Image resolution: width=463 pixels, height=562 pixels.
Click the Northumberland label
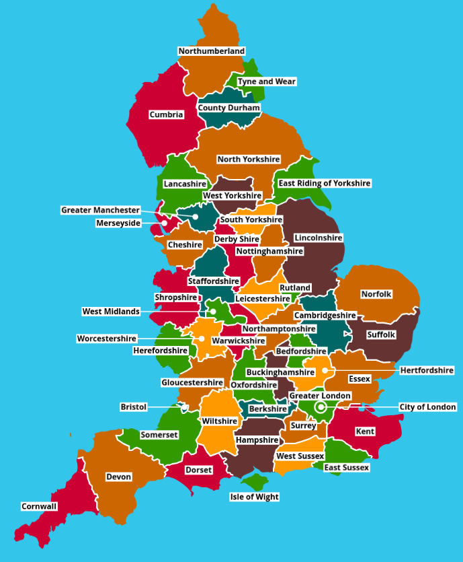[211, 51]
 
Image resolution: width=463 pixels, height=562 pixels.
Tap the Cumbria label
[166, 114]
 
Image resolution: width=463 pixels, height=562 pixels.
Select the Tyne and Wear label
[266, 81]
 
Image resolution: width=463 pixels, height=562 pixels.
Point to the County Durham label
[228, 108]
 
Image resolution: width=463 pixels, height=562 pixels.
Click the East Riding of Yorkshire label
[325, 183]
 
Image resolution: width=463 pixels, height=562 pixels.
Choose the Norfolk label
[376, 294]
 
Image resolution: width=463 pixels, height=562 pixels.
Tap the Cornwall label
[39, 506]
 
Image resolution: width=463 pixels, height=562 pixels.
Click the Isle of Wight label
[254, 497]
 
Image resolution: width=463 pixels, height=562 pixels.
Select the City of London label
[427, 407]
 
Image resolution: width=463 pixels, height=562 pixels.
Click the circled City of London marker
[321, 407]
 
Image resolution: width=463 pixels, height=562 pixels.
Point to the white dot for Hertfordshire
[325, 370]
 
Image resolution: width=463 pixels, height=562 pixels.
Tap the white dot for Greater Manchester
[196, 217]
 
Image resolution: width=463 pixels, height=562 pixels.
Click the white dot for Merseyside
[165, 223]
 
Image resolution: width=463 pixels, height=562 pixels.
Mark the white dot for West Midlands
[212, 312]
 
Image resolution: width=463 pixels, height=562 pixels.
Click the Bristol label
[133, 407]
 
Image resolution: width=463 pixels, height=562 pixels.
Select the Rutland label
[295, 287]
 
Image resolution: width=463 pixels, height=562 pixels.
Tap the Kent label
[365, 431]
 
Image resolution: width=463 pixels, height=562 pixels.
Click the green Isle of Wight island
[255, 482]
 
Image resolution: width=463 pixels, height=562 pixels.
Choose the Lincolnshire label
[318, 238]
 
